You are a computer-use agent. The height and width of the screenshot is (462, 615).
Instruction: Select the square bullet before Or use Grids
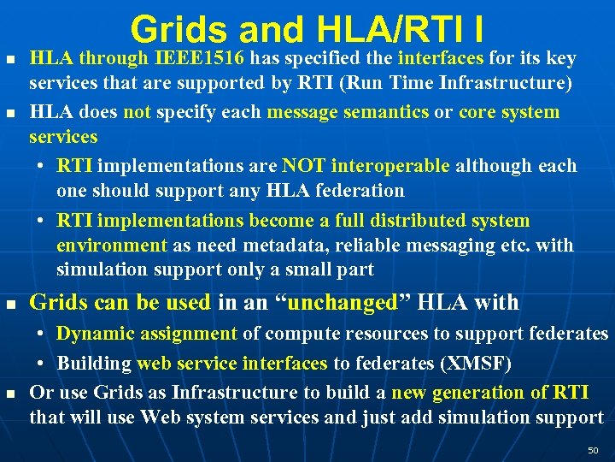[10, 394]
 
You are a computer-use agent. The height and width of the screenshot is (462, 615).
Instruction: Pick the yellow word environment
[112, 246]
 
